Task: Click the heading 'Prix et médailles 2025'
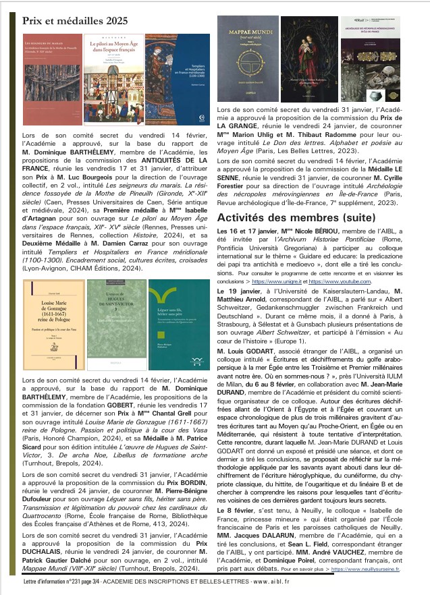point(75,22)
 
